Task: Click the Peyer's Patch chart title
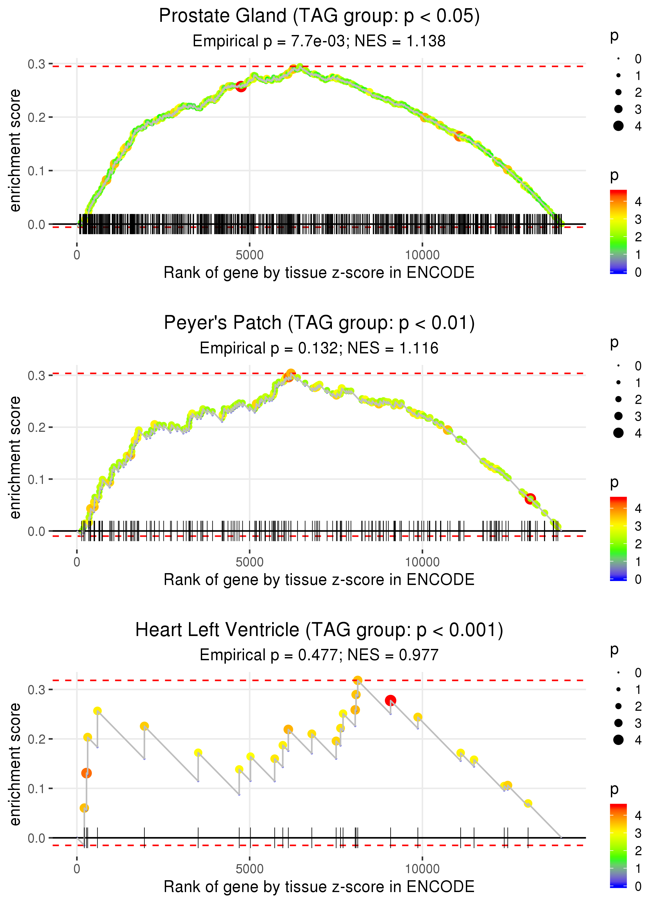click(319, 323)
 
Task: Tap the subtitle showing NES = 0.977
click(319, 655)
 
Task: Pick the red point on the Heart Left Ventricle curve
click(390, 700)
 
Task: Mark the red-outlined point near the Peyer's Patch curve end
click(530, 499)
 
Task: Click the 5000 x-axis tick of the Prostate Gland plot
click(250, 255)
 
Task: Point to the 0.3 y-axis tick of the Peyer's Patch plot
click(37, 376)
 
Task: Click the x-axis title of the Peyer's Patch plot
click(319, 580)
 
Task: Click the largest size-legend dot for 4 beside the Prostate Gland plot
click(618, 126)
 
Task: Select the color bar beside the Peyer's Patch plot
click(618, 539)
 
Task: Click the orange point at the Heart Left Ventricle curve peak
click(357, 680)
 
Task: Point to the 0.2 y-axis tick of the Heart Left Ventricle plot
click(37, 739)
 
